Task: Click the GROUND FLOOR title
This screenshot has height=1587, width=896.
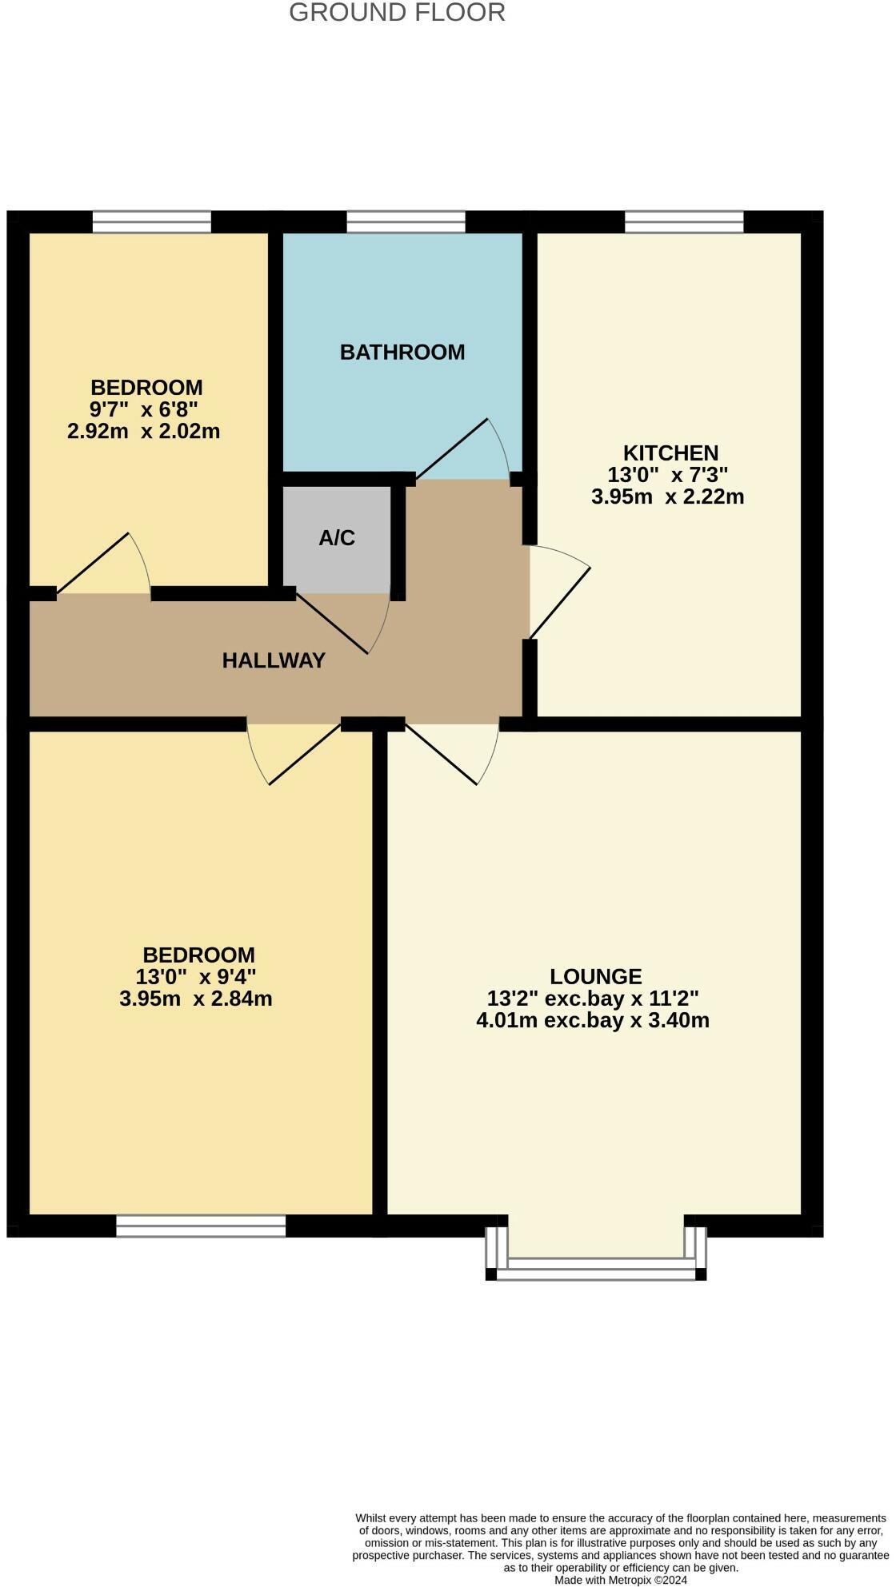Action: [x=397, y=13]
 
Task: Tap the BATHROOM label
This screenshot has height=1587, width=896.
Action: [x=402, y=353]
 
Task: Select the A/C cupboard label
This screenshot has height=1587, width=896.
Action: [x=337, y=538]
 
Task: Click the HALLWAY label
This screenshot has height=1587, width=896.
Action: [x=274, y=660]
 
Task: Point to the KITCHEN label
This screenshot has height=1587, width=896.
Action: [x=670, y=453]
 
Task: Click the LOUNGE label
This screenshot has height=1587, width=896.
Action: [x=596, y=976]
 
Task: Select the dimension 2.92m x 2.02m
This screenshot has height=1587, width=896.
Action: [x=144, y=432]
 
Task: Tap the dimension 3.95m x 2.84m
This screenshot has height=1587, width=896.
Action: [x=196, y=999]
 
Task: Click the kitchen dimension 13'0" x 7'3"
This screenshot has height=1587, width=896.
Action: [x=668, y=475]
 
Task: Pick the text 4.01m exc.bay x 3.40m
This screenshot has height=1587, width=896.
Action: [x=593, y=1020]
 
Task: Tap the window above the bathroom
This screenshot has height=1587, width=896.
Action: [x=406, y=221]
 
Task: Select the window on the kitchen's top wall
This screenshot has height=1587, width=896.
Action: [x=684, y=221]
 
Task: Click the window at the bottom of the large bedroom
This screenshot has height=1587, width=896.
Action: [x=201, y=1226]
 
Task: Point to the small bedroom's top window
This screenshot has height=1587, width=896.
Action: [x=152, y=221]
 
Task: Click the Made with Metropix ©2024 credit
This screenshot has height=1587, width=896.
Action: [x=621, y=1580]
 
